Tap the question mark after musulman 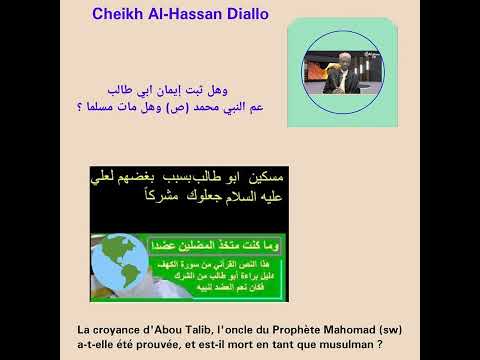[x=381, y=344]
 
